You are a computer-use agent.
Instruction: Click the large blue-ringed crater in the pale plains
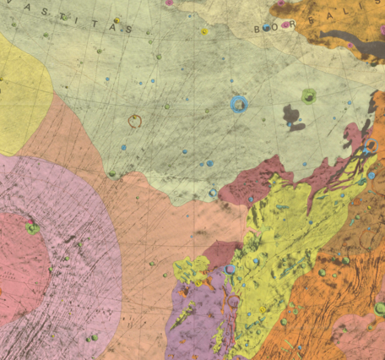[240, 104]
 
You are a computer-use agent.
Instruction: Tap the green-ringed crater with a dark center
[308, 96]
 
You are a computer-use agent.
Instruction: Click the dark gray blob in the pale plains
[295, 116]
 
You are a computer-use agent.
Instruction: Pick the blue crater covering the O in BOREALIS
[267, 27]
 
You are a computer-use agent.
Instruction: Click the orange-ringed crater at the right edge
[371, 146]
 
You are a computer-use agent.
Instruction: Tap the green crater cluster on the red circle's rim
[33, 227]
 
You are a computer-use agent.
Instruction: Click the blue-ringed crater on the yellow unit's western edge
[230, 270]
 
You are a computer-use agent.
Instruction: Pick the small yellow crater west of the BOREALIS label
[204, 31]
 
